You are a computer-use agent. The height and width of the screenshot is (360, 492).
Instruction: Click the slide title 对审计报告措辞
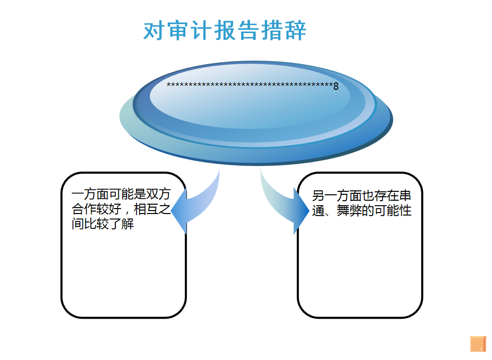pos(225,31)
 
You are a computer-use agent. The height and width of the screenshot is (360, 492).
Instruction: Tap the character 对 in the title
pos(153,31)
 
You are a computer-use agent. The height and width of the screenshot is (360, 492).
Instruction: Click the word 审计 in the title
pos(189,31)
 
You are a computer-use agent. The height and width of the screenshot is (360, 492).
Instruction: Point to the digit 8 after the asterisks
pos(336,86)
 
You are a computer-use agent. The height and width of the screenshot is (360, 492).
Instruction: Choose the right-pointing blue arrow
pos(291,207)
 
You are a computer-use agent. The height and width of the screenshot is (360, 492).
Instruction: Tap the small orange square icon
pos(478,344)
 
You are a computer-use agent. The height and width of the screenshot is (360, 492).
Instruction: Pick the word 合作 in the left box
pos(84,210)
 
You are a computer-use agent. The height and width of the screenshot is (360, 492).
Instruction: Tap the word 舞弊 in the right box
pos(350,211)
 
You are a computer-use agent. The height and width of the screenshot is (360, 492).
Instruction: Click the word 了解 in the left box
pos(121,225)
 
